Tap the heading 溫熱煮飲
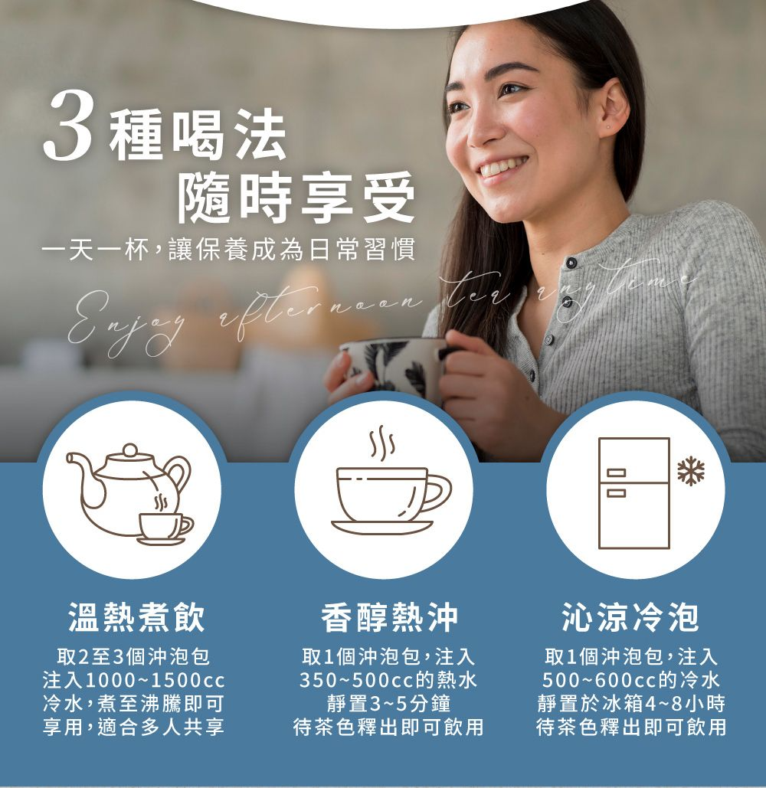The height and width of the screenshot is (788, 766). [x=136, y=617]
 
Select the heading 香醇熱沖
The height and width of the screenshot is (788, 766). [x=390, y=617]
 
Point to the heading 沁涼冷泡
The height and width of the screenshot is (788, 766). [x=630, y=617]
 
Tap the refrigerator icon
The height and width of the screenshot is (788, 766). [x=634, y=493]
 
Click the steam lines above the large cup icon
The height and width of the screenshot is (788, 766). [x=382, y=443]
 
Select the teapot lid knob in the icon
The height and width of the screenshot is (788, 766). [x=129, y=450]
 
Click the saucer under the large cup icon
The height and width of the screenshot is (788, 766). [x=382, y=527]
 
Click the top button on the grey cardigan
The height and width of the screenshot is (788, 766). [x=571, y=263]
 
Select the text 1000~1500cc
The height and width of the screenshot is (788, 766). [x=155, y=681]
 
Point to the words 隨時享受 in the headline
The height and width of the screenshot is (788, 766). [x=296, y=197]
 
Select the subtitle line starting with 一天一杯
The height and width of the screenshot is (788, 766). [x=229, y=250]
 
